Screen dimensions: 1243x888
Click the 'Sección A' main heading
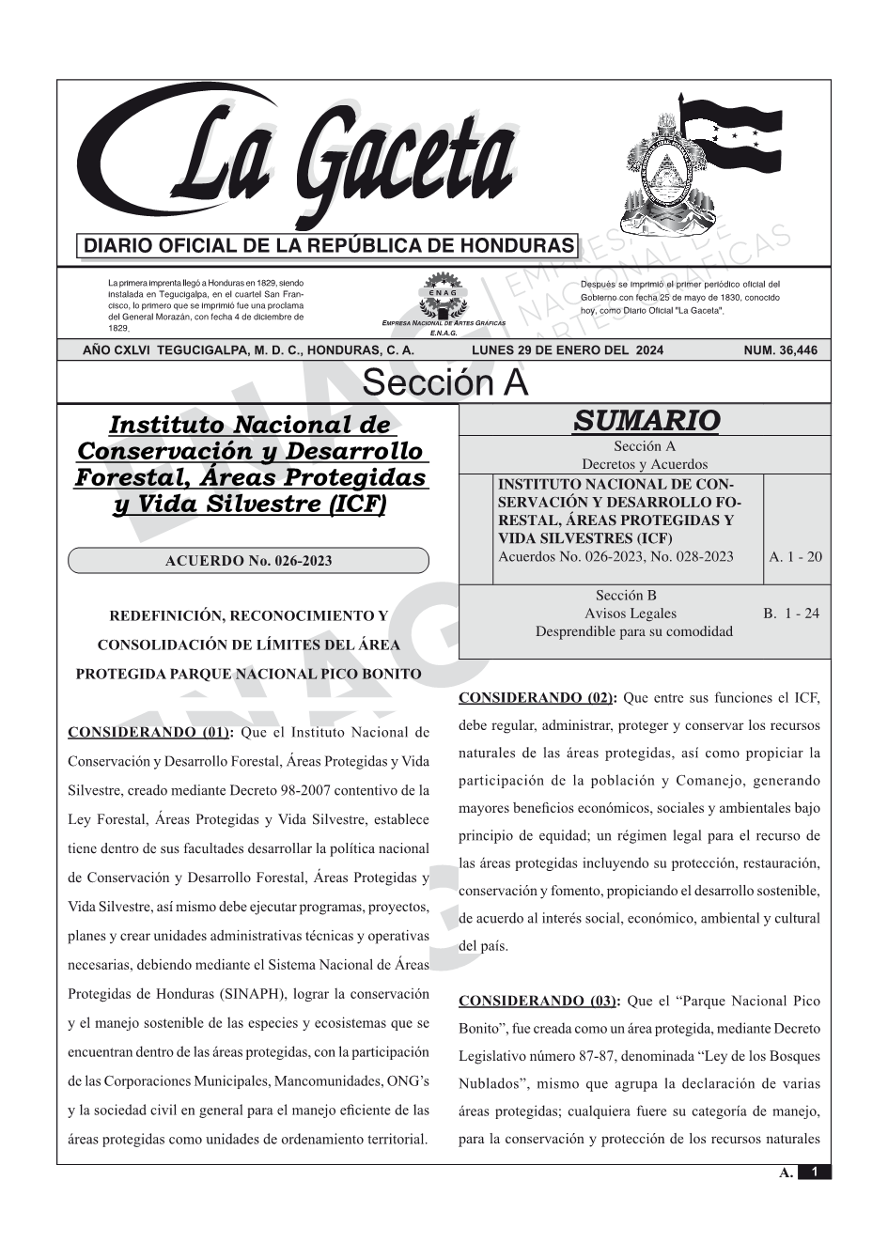pos(444,383)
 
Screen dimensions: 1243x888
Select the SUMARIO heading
pos(646,420)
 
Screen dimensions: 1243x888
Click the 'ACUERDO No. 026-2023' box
pos(248,561)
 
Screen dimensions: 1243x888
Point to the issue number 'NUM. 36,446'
pos(780,350)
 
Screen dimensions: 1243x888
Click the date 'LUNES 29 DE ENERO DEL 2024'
pos(567,350)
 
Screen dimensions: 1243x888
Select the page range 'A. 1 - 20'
pos(795,556)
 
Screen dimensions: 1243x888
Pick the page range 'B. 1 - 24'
pos(790,614)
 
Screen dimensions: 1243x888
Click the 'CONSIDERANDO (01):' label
pos(151,732)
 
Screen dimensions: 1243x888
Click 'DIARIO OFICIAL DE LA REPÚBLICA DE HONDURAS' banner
pos(329,246)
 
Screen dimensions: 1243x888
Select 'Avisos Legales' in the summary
pos(630,614)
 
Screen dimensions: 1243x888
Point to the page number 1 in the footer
pos(815,1172)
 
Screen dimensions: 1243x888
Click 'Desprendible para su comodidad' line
pos(633,631)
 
